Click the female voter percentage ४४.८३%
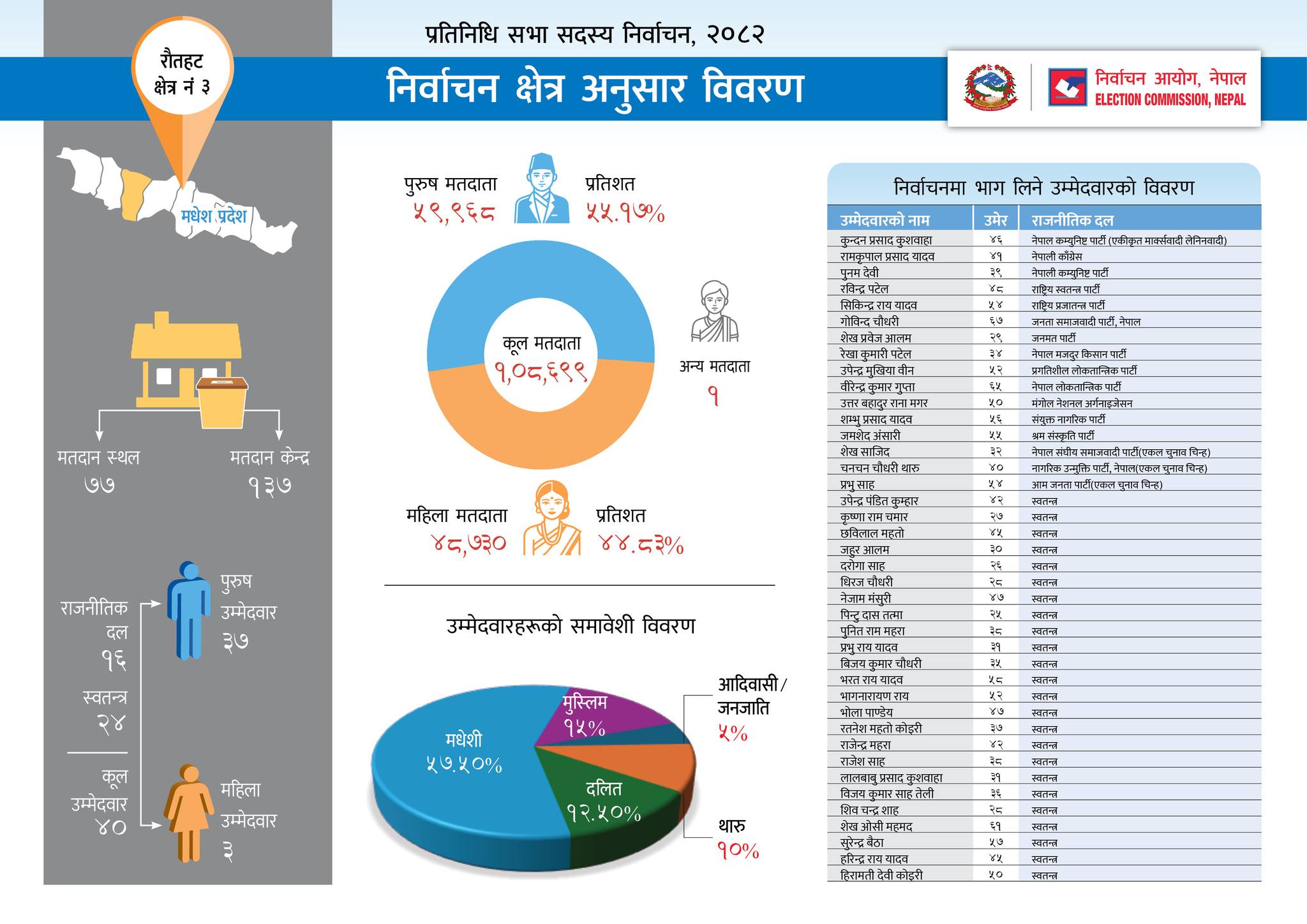coord(641,545)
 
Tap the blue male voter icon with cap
coord(541,188)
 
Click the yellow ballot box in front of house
coord(222,402)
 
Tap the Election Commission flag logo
coord(1067,87)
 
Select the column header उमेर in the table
coord(995,220)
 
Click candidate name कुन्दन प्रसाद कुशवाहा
coord(886,241)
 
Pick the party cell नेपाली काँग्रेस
coord(1057,257)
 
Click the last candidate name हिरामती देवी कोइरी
coord(881,875)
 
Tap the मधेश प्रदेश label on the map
coord(213,216)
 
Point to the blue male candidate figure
coord(189,609)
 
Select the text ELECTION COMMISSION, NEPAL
coord(1170,100)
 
